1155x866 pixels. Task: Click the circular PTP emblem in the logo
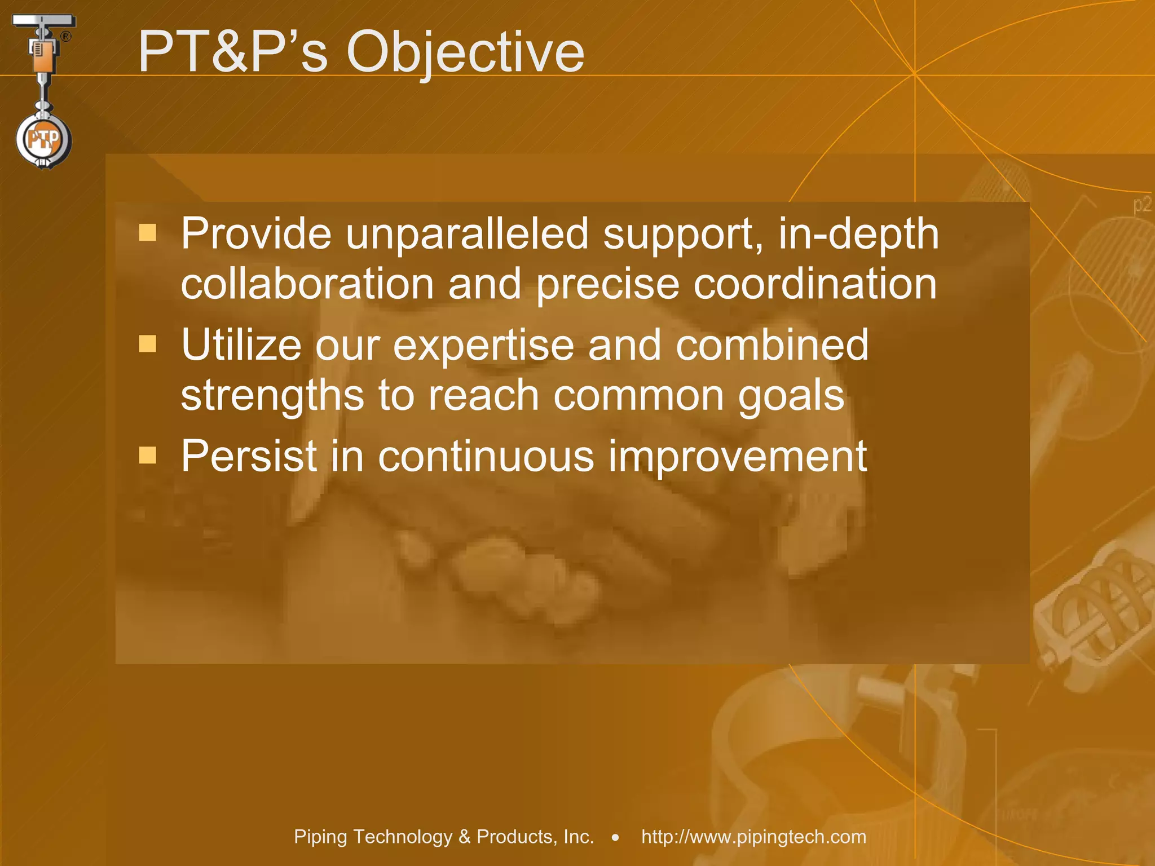click(x=43, y=139)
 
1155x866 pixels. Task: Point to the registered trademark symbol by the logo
click(x=66, y=37)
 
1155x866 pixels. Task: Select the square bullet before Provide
click(x=148, y=232)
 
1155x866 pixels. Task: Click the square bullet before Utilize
click(x=148, y=343)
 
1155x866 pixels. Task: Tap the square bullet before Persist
click(x=148, y=454)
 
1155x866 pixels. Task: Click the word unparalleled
click(x=467, y=233)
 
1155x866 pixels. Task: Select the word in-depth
click(x=858, y=235)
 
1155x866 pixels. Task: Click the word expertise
click(x=483, y=345)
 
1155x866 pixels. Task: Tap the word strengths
click(x=272, y=395)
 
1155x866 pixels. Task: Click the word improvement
click(x=737, y=457)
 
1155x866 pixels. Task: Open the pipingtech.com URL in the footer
click(x=753, y=837)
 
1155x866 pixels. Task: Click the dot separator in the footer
click(x=616, y=838)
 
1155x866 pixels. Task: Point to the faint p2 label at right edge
click(x=1143, y=205)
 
